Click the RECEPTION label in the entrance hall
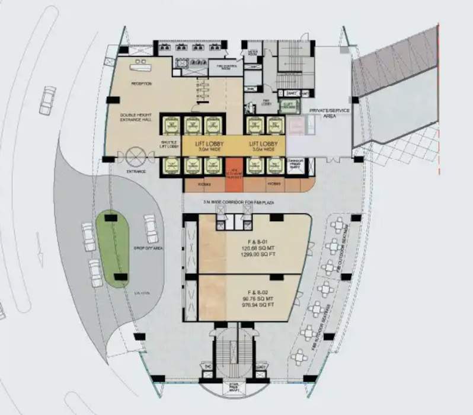(141, 84)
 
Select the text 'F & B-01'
(249, 241)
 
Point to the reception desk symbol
(142, 62)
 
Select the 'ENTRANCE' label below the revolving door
(136, 172)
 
